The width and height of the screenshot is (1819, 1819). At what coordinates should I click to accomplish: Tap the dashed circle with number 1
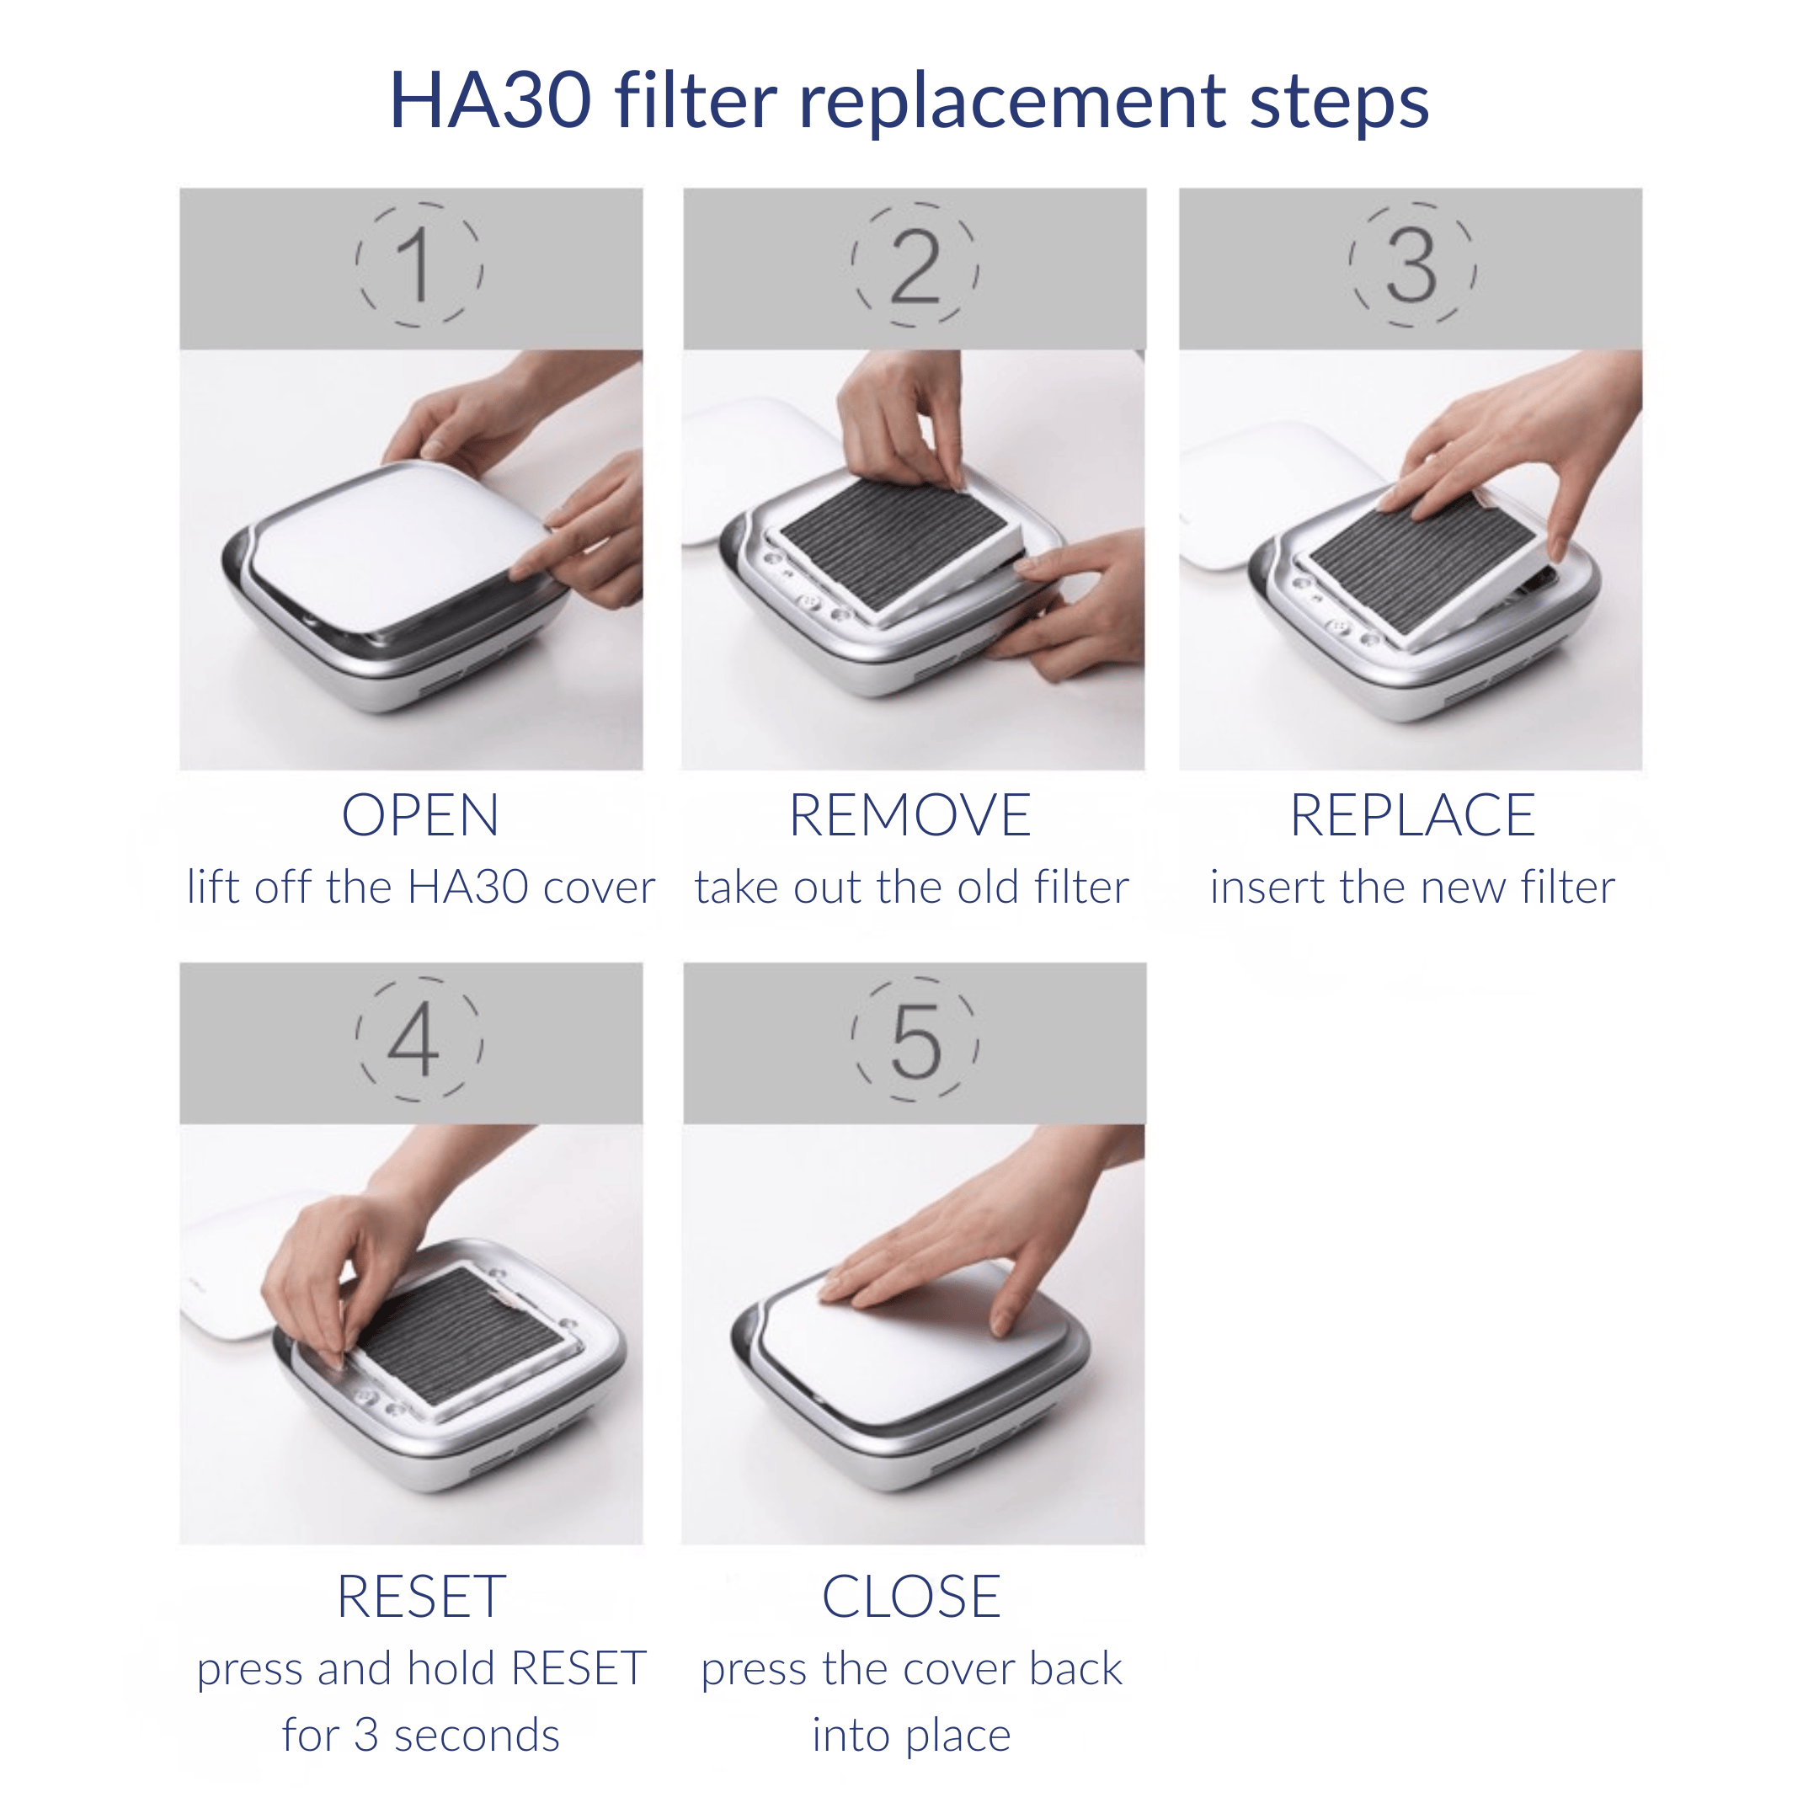click(419, 265)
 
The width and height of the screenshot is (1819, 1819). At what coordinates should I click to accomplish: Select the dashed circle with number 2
click(915, 265)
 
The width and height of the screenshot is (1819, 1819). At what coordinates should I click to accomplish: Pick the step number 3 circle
click(1411, 265)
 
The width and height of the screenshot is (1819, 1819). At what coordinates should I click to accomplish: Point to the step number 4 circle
click(419, 1039)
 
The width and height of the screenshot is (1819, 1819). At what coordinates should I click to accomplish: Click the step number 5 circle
click(915, 1039)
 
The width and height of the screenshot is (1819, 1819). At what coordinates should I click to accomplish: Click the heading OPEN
click(420, 815)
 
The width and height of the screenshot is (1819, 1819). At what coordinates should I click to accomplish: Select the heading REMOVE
click(909, 815)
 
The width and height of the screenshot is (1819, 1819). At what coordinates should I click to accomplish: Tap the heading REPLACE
click(1412, 815)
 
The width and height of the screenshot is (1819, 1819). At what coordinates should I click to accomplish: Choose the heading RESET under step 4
click(421, 1597)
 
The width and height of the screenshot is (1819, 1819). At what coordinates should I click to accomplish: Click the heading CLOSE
click(910, 1597)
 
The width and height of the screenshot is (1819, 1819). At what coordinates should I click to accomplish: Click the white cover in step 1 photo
click(396, 546)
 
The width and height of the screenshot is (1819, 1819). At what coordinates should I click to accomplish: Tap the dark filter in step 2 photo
click(894, 536)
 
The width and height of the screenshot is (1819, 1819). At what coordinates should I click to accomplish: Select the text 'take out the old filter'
click(911, 888)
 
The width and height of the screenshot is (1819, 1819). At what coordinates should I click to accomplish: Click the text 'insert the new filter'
click(1412, 888)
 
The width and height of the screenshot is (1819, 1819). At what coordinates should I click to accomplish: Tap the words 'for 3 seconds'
click(421, 1735)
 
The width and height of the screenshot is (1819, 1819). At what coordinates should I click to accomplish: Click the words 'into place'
click(910, 1735)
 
